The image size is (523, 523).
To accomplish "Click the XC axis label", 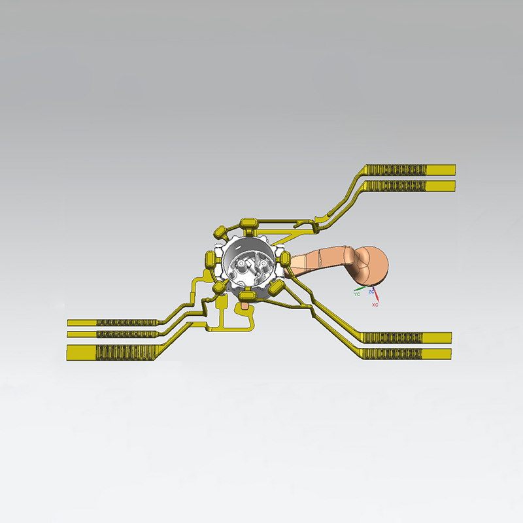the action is [375, 305].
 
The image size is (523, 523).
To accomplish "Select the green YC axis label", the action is [357, 294].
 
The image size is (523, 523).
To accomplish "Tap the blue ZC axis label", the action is [371, 292].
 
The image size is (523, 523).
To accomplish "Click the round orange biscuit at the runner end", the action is [373, 266].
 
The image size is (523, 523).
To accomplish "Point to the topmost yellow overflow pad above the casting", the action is [248, 223].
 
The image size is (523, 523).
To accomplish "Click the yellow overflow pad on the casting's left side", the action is [210, 260].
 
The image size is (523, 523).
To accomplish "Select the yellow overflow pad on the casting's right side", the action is [285, 259].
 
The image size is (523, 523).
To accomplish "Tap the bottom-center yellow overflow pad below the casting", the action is [248, 295].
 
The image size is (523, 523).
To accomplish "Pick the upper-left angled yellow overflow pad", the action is [220, 231].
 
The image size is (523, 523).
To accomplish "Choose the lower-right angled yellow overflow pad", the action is [276, 287].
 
